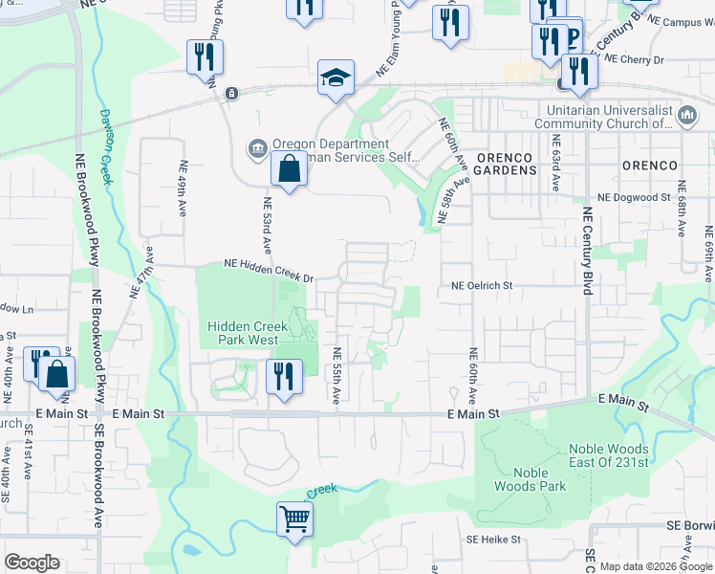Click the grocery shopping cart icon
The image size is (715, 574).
pyautogui.click(x=296, y=520)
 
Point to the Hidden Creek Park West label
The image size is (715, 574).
pyautogui.click(x=243, y=333)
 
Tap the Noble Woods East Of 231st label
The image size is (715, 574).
pyautogui.click(x=608, y=455)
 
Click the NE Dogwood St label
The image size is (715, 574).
pyautogui.click(x=634, y=197)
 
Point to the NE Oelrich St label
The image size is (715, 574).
pyautogui.click(x=482, y=285)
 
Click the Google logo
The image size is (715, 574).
pyautogui.click(x=32, y=563)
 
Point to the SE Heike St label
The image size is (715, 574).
pyautogui.click(x=493, y=540)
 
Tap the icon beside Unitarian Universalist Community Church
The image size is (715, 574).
pyautogui.click(x=687, y=117)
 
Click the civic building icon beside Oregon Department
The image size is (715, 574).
pyautogui.click(x=258, y=148)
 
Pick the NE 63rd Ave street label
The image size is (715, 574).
pyautogui.click(x=555, y=163)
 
